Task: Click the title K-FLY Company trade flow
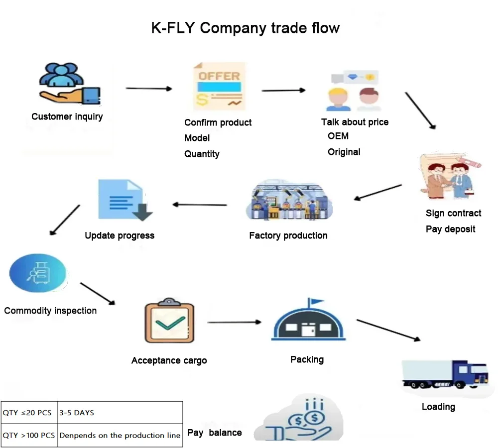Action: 245,27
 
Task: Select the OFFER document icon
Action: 219,87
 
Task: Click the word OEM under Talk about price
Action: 338,136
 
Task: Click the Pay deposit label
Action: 450,229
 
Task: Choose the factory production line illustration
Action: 289,202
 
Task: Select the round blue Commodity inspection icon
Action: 38,273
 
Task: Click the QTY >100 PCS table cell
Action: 29,435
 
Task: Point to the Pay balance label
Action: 214,433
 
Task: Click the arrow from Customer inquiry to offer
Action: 148,89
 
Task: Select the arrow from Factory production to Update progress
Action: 200,204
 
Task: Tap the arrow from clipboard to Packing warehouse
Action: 234,322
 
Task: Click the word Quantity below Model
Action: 202,154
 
